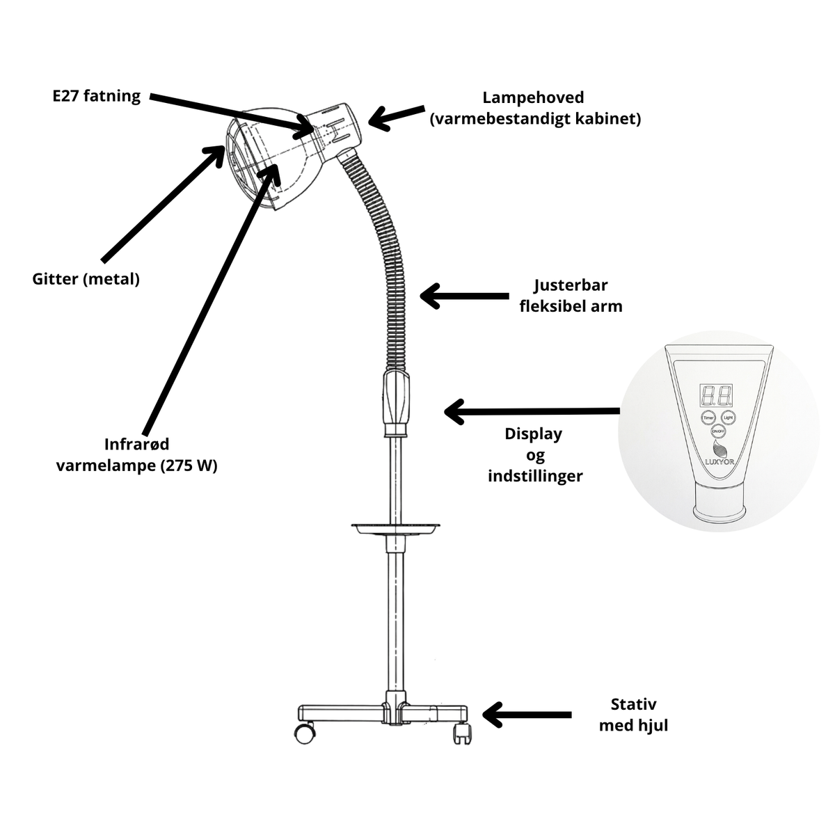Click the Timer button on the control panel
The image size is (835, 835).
coord(708,417)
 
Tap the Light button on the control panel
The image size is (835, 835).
coord(728,417)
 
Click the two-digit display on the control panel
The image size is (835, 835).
coord(717,395)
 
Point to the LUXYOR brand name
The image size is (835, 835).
coord(719,462)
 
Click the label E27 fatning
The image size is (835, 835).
coord(97,96)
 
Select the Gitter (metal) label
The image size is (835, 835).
coord(86,279)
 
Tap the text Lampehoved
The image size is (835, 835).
coord(533,97)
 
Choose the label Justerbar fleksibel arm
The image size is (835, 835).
coord(571,296)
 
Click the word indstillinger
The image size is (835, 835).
coord(535,476)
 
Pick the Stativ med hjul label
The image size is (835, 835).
coord(633,715)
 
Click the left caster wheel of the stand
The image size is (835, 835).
coord(305,733)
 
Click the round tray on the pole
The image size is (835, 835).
coord(396,527)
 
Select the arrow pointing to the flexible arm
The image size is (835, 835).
coord(465,296)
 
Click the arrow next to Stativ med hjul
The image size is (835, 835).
coord(527,715)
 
